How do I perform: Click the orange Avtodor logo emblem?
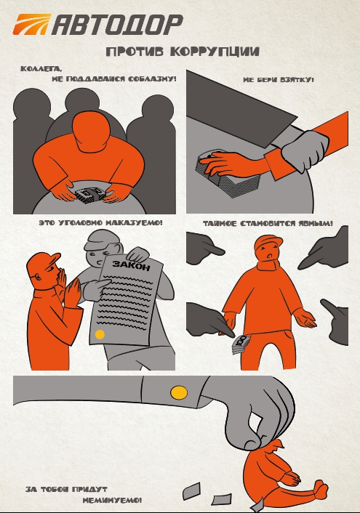(32, 24)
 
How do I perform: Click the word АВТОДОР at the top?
(117, 25)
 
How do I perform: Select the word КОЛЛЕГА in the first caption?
(41, 69)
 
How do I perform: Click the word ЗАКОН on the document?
(132, 265)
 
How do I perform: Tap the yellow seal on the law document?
(100, 334)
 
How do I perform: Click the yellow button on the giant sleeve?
(179, 392)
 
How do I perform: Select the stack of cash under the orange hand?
(228, 175)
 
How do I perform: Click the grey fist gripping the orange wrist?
(305, 150)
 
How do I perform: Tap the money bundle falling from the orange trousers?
(241, 345)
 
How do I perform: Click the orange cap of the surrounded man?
(268, 241)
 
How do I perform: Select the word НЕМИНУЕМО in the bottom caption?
(112, 500)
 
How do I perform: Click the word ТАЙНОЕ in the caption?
(220, 224)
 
